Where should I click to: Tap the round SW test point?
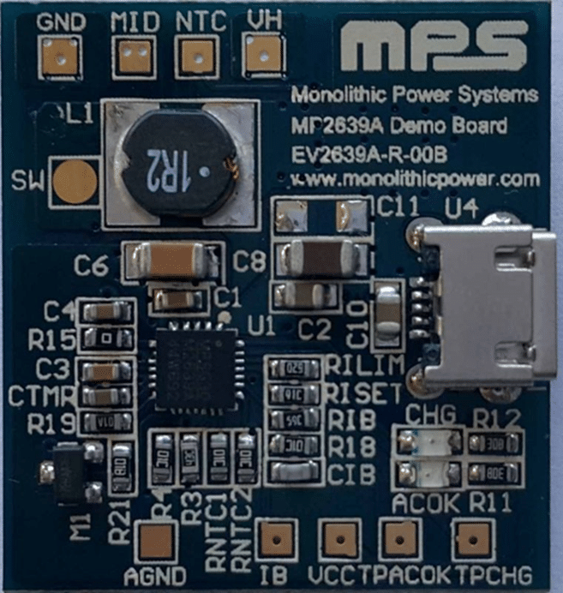[x=75, y=181]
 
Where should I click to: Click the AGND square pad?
[x=158, y=541]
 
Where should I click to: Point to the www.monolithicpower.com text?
[x=416, y=180]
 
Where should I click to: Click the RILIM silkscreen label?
[x=364, y=365]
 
